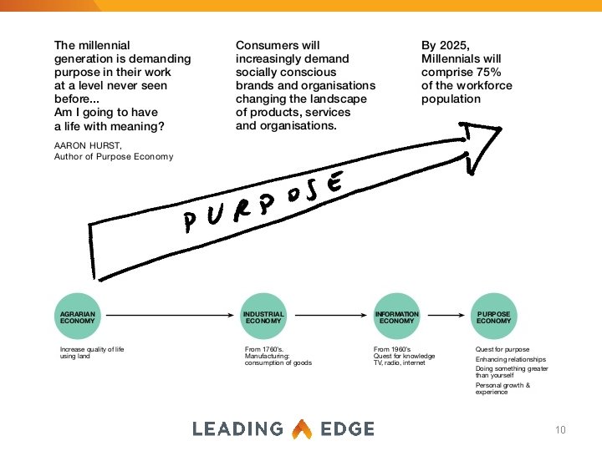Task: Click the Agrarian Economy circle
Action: point(78,317)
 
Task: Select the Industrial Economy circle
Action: point(263,317)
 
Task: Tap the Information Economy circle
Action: point(396,317)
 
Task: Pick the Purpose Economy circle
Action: point(493,317)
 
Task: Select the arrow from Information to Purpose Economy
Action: point(445,317)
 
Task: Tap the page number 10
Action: point(560,430)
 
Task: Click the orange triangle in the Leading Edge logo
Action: point(301,429)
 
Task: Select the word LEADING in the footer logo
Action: point(237,429)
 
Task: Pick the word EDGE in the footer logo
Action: point(346,429)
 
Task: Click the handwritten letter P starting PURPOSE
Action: point(191,221)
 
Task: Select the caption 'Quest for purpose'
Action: point(502,349)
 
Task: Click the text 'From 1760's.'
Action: point(264,349)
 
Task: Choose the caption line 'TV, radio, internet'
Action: point(399,362)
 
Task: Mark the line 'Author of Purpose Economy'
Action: point(113,156)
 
